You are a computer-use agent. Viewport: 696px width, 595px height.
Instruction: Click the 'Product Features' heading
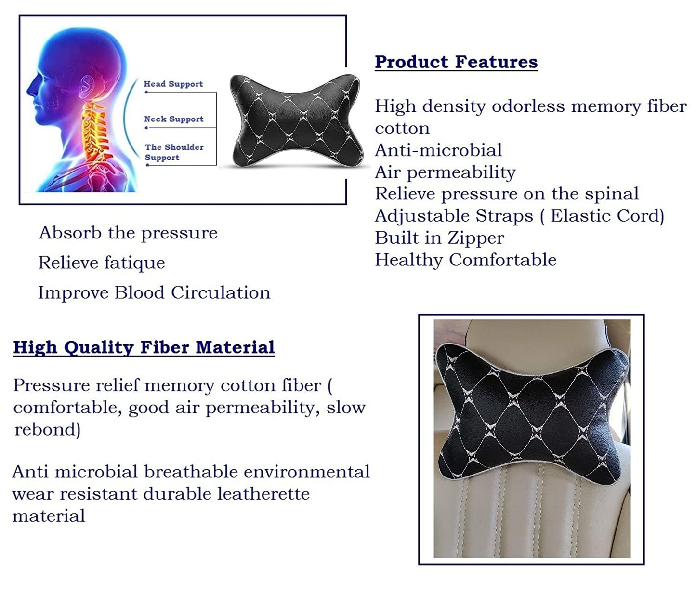(x=456, y=62)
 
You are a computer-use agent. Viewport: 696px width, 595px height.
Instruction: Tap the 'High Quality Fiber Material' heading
(x=144, y=347)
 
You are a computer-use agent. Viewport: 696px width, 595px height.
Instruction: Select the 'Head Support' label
(x=173, y=84)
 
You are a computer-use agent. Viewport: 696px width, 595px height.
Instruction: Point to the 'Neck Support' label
(x=174, y=119)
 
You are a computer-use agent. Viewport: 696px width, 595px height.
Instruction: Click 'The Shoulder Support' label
(x=174, y=152)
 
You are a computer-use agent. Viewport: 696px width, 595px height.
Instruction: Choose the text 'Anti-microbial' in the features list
(x=438, y=150)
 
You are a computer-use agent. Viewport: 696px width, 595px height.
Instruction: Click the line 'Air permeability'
(x=445, y=173)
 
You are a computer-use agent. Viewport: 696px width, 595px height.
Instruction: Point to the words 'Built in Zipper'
(x=439, y=238)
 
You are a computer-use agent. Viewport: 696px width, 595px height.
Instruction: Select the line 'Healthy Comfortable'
(x=466, y=260)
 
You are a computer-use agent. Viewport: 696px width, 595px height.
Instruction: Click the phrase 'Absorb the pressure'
(x=128, y=233)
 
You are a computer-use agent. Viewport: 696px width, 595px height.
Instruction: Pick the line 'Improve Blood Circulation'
(x=154, y=292)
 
